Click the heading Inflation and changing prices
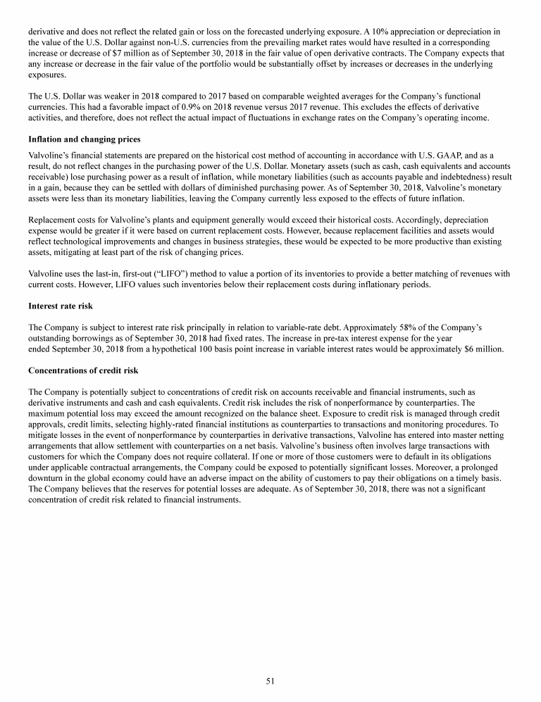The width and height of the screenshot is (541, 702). click(84, 139)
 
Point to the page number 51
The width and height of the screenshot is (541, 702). click(270, 681)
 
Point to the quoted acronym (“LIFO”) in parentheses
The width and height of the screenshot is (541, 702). click(176, 274)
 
